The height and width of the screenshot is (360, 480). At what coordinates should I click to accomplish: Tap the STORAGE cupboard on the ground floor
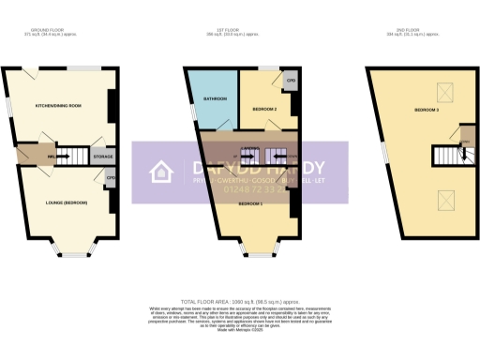pos(103,157)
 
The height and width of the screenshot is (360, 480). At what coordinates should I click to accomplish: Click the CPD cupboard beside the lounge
pos(111,179)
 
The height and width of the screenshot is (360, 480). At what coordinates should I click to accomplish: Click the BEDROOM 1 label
pos(248,203)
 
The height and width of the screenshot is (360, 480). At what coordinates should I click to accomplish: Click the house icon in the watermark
pos(160,172)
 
